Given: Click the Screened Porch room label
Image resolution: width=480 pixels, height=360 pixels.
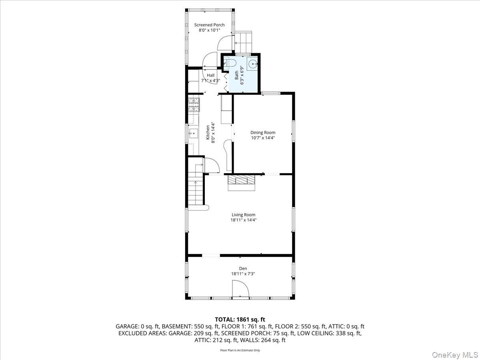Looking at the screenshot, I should (x=209, y=25).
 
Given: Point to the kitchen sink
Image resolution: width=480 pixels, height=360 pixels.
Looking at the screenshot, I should (x=193, y=133).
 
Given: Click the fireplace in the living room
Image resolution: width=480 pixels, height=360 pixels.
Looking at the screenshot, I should (x=241, y=182).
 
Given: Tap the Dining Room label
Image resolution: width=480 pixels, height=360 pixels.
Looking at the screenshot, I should (x=263, y=132).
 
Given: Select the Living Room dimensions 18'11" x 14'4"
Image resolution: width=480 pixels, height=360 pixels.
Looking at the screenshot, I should (x=244, y=220).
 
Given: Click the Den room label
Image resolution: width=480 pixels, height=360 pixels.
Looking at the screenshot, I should (x=243, y=268).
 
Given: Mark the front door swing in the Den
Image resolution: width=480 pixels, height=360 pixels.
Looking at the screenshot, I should (x=240, y=289).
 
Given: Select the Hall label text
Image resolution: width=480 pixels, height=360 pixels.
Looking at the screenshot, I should (x=210, y=75).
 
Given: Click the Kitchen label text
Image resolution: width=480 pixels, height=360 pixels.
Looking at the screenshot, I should (x=208, y=132).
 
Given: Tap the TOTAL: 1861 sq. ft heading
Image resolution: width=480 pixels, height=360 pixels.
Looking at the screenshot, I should (x=240, y=319).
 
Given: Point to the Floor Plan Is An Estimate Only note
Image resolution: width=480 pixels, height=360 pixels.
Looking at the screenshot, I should (x=240, y=350).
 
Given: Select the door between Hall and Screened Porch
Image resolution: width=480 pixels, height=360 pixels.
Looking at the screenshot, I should (x=210, y=61).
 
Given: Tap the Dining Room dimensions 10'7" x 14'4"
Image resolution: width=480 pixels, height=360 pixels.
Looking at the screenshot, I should (x=263, y=138).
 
